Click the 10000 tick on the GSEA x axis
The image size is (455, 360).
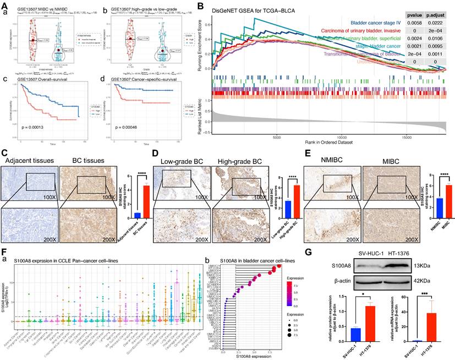click(x=342, y=138)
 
